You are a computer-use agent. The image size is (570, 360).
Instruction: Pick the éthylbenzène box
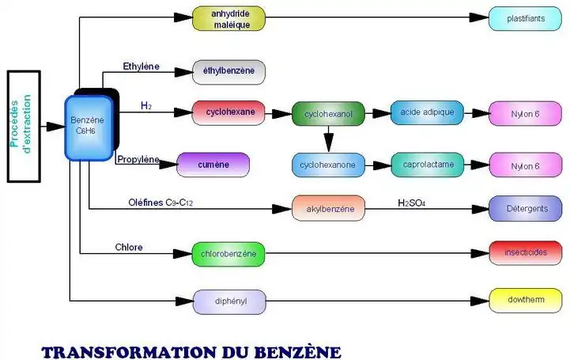pyautogui.click(x=228, y=71)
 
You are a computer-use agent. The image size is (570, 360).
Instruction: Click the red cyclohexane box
pyautogui.click(x=229, y=112)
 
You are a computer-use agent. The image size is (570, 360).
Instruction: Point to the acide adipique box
pyautogui.click(x=427, y=112)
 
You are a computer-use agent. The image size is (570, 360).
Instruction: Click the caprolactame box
pyautogui.click(x=427, y=165)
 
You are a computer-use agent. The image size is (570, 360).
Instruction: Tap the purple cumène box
pyautogui.click(x=213, y=165)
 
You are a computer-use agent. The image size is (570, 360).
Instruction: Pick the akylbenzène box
pyautogui.click(x=328, y=208)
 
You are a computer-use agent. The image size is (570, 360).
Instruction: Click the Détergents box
pyautogui.click(x=526, y=208)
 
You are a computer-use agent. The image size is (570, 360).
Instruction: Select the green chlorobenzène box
pyautogui.click(x=228, y=254)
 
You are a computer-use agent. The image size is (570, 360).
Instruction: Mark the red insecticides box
pyautogui.click(x=526, y=252)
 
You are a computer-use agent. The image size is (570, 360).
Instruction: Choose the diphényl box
pyautogui.click(x=229, y=301)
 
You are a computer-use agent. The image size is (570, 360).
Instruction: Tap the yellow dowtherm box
pyautogui.click(x=526, y=300)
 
